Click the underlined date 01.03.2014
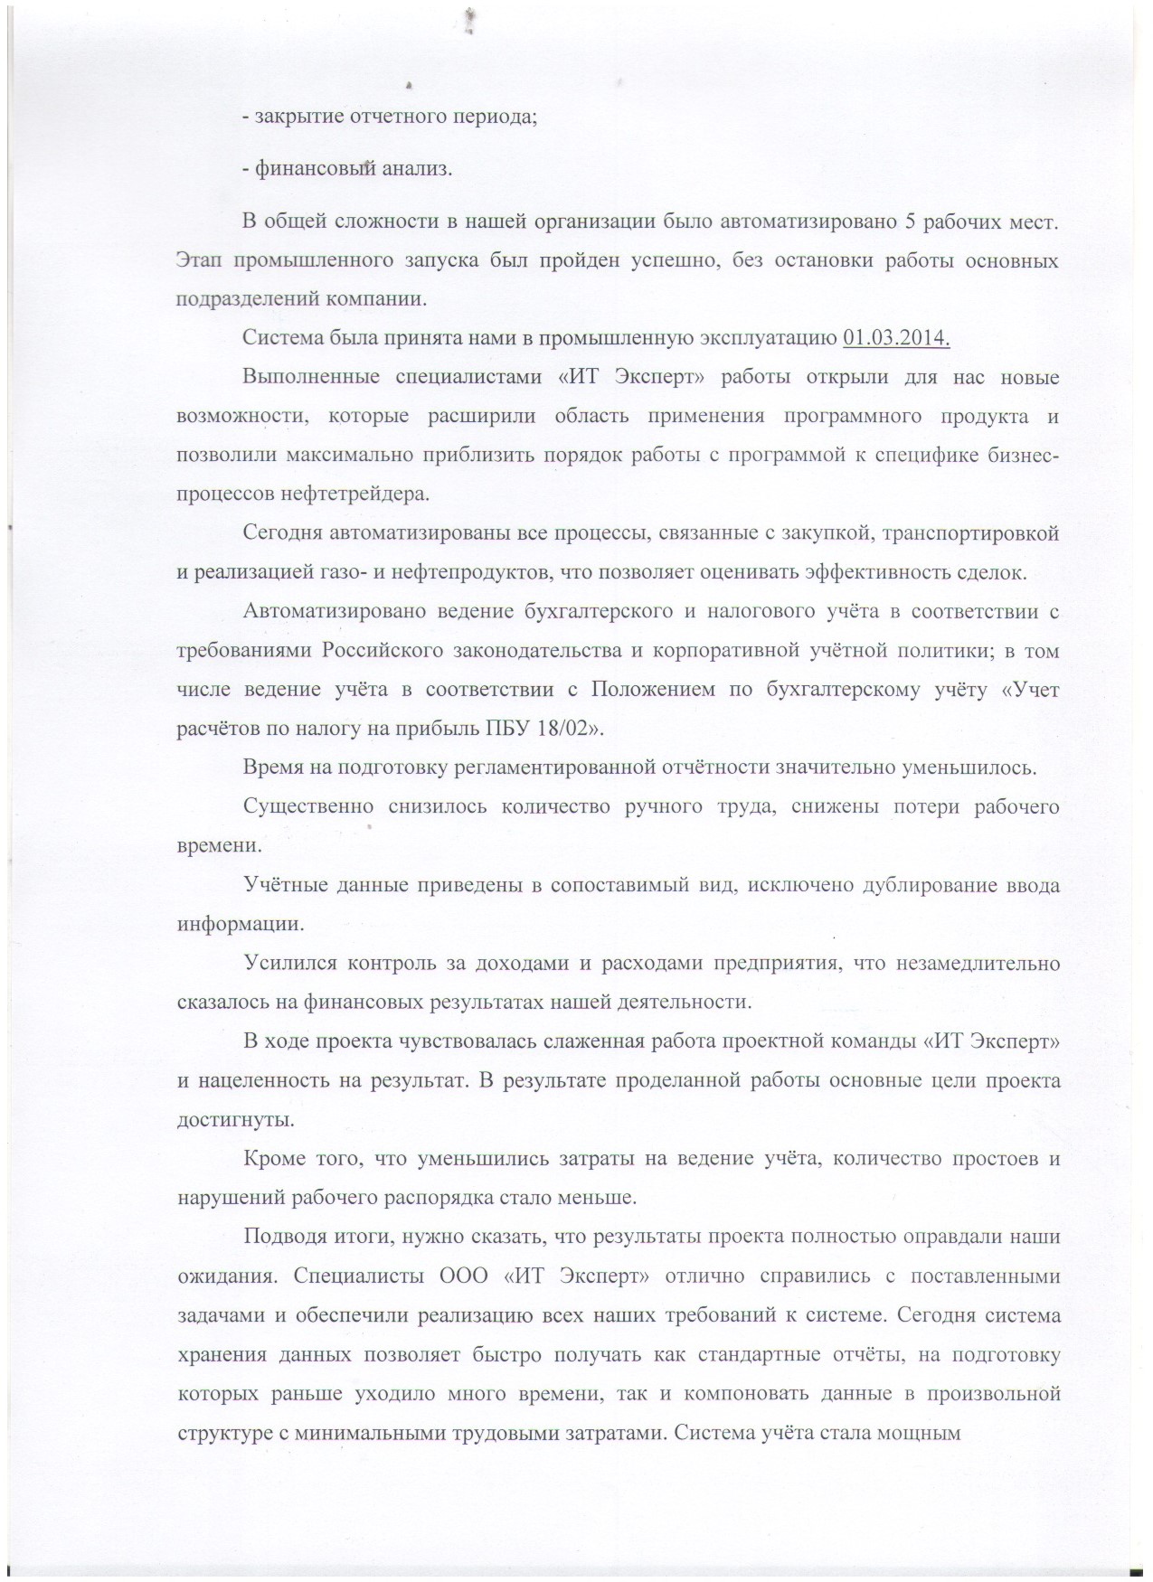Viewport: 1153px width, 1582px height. coord(896,339)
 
